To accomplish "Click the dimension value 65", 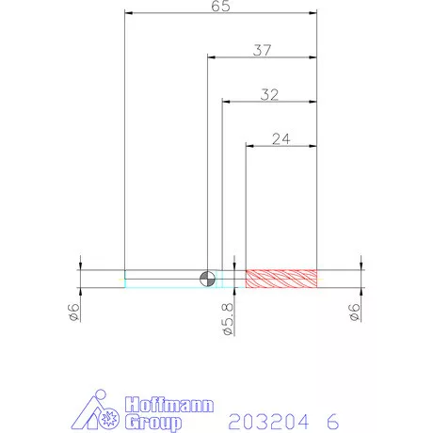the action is click(x=220, y=6).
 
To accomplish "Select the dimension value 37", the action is click(x=262, y=50).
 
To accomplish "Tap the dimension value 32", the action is click(x=269, y=94).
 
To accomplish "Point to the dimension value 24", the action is click(x=281, y=138).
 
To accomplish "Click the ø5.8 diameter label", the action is click(x=228, y=319).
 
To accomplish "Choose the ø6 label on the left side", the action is click(x=73, y=313).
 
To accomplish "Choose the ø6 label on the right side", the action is click(x=354, y=313).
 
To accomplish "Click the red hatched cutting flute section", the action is click(x=281, y=279).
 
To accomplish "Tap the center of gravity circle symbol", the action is click(x=207, y=279).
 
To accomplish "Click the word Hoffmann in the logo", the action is click(x=169, y=405).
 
